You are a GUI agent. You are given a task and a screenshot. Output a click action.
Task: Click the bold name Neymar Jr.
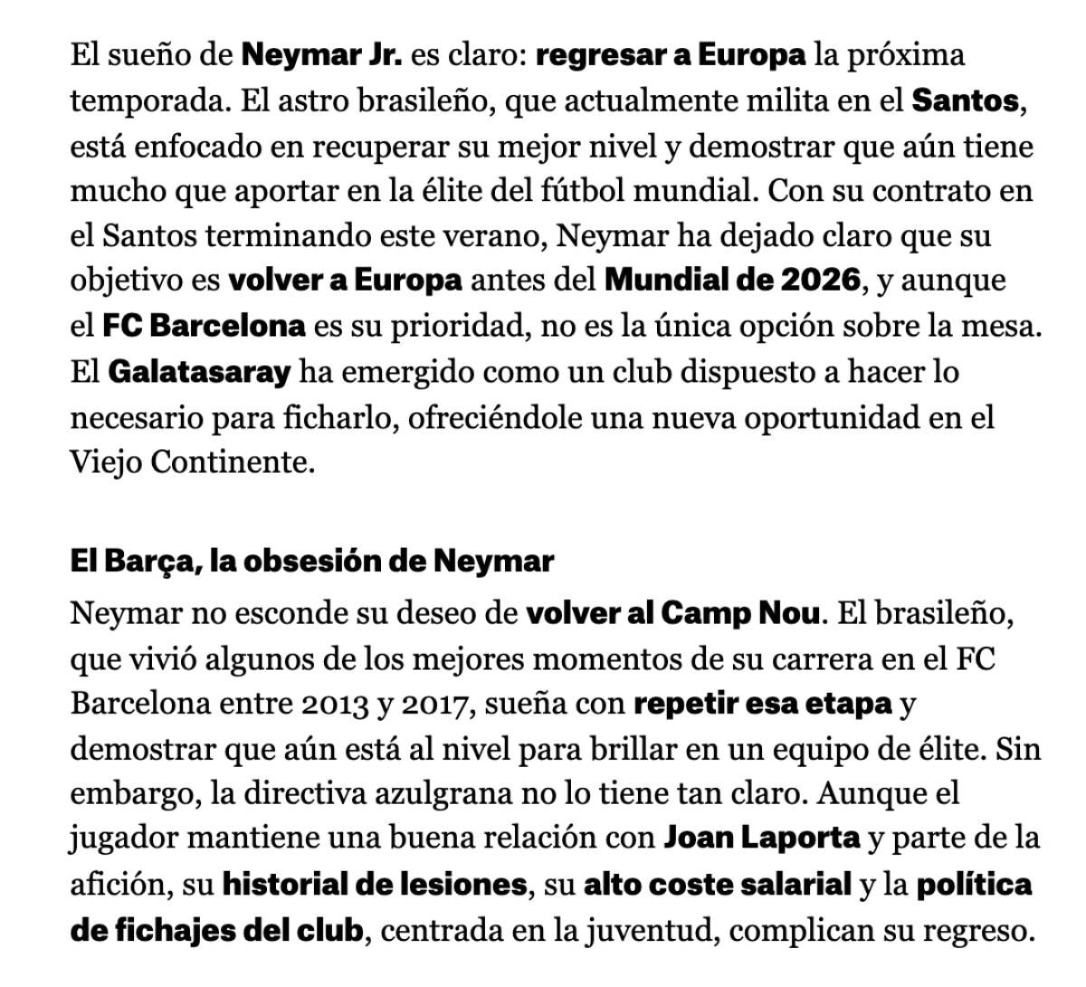coord(321,56)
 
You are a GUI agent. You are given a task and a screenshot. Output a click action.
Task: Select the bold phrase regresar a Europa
coord(670,56)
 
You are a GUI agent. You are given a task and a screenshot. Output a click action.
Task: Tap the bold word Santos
coord(965,101)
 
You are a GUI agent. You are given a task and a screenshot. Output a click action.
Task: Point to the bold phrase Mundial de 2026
coord(731,281)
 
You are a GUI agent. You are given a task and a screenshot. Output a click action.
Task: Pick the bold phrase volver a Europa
coord(345,281)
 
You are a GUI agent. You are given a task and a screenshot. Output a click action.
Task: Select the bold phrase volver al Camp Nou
coord(672,614)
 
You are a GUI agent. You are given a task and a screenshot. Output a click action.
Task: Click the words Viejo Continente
coord(192,463)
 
